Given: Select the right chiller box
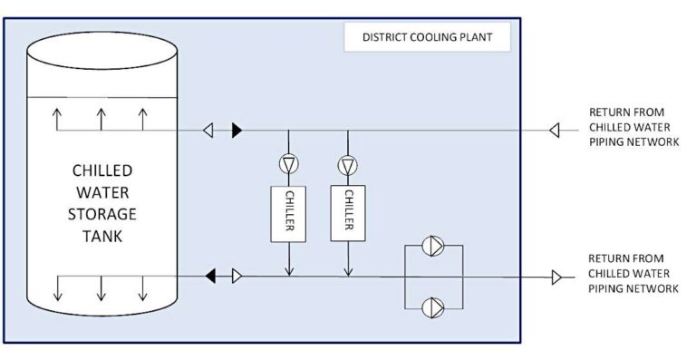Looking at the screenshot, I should [348, 212].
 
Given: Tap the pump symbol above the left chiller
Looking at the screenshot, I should [289, 165].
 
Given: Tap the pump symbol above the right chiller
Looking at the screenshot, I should [348, 165].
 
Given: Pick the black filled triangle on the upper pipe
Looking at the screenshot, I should [237, 131].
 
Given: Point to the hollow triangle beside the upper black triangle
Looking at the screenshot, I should [208, 131].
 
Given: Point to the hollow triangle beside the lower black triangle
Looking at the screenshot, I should [237, 275].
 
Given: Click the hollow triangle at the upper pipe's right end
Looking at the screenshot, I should [553, 131].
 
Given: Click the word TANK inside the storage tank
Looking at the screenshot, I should [101, 236].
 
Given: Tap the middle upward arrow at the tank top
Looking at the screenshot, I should [101, 119].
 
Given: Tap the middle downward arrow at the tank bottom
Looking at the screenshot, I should [101, 288].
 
